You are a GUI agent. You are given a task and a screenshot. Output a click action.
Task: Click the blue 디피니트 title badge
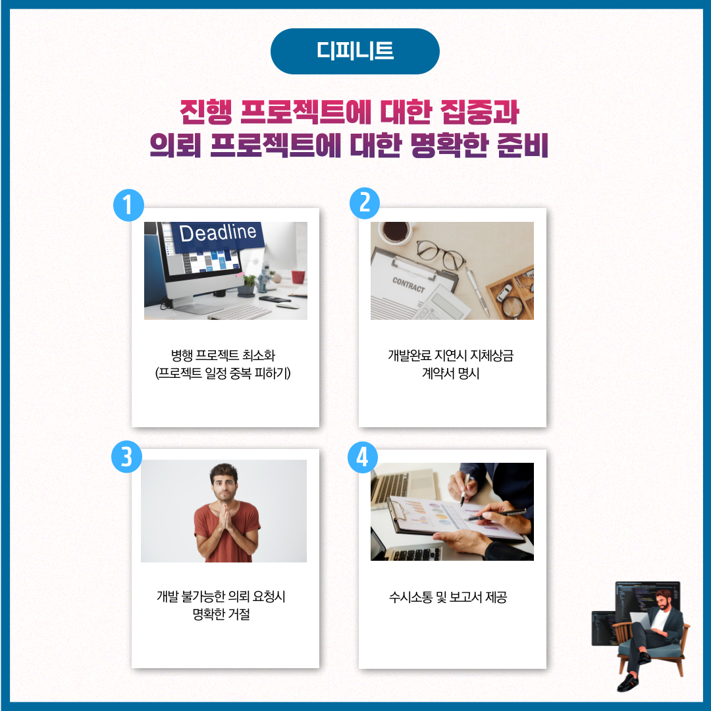click(355, 51)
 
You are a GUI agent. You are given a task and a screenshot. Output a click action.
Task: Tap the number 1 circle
click(129, 205)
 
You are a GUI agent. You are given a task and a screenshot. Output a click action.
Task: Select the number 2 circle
click(365, 203)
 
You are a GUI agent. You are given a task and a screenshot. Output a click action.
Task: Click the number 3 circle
click(127, 457)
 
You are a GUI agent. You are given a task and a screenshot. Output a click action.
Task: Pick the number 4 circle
click(363, 457)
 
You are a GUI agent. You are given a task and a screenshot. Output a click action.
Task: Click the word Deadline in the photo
click(218, 232)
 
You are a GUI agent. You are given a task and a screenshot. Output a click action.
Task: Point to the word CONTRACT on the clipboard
click(409, 285)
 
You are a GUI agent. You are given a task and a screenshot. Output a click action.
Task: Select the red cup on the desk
click(298, 276)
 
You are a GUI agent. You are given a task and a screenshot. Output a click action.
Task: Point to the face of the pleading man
click(224, 485)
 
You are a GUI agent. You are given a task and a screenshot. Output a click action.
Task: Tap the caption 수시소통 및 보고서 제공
click(448, 596)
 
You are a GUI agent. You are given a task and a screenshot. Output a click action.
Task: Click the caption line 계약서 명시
click(451, 373)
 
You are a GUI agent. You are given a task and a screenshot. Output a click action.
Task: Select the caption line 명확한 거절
click(221, 614)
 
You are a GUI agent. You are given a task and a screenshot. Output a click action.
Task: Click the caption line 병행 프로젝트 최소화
click(223, 355)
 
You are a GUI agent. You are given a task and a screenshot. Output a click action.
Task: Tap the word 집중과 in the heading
click(479, 111)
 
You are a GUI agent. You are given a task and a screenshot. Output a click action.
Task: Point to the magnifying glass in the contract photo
click(512, 307)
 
